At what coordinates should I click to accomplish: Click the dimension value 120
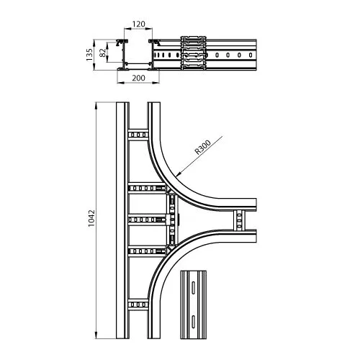click(x=139, y=24)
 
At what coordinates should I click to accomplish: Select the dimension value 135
click(x=89, y=55)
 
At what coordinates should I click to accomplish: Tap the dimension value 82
click(x=102, y=53)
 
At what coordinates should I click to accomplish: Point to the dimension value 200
click(x=139, y=78)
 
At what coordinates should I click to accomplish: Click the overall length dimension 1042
click(x=91, y=218)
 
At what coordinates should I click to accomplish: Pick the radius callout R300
click(x=203, y=147)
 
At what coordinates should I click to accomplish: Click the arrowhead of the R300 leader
click(x=178, y=174)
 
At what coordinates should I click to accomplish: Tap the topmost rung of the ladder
click(x=138, y=135)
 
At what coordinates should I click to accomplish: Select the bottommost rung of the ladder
click(x=138, y=305)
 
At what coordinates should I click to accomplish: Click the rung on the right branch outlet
click(x=239, y=220)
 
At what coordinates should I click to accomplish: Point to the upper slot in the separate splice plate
click(x=193, y=287)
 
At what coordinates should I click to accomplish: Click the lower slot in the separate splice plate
click(x=193, y=321)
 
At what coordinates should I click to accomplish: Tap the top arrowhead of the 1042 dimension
click(x=96, y=106)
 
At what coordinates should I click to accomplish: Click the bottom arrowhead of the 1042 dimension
click(x=96, y=336)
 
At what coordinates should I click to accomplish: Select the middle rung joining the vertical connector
click(x=147, y=220)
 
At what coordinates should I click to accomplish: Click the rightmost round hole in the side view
click(x=251, y=55)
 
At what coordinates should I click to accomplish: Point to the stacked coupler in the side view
click(x=194, y=53)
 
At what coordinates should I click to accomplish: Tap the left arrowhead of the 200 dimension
click(x=120, y=83)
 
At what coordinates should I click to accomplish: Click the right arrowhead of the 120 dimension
click(x=149, y=29)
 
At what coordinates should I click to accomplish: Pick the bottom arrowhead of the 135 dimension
click(x=94, y=67)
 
